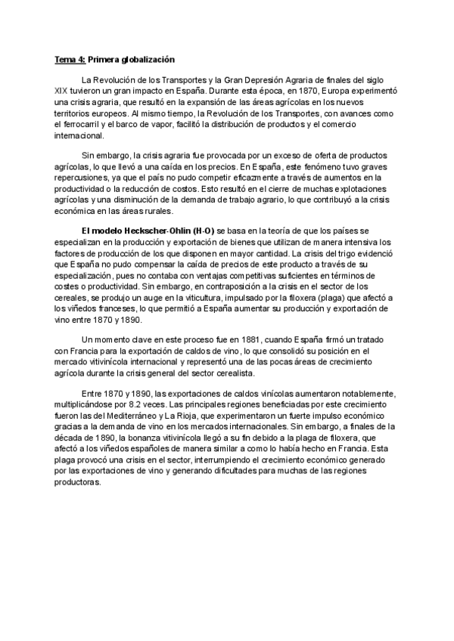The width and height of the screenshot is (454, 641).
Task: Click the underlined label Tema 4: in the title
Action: tap(70, 58)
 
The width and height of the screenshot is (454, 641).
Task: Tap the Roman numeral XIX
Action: tap(61, 91)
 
